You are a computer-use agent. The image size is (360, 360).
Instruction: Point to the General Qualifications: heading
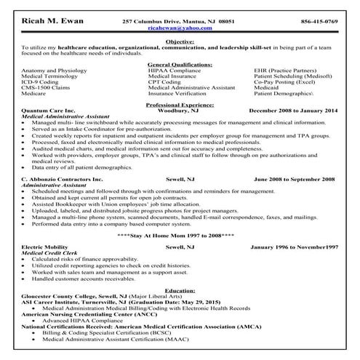[x=180, y=65]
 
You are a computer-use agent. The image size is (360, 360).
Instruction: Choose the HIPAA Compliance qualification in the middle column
[x=172, y=71]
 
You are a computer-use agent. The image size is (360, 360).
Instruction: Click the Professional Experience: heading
[x=180, y=104]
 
